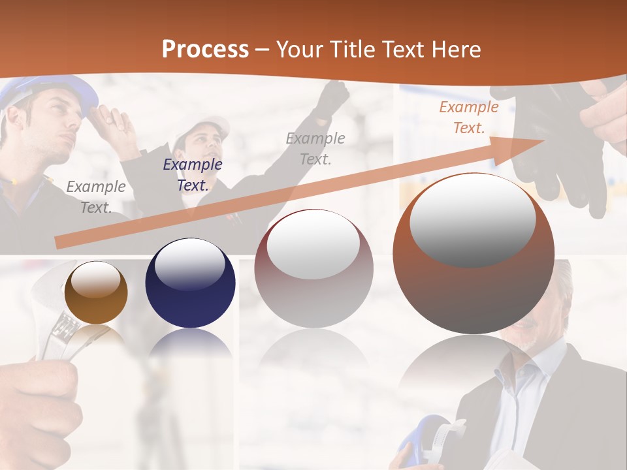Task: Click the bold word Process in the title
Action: coord(205,49)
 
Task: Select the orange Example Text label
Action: coord(468,117)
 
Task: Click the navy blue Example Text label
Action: coord(192,175)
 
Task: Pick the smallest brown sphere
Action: coord(96,292)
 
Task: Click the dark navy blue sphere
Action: coord(190,283)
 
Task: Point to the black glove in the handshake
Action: coord(549,157)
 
